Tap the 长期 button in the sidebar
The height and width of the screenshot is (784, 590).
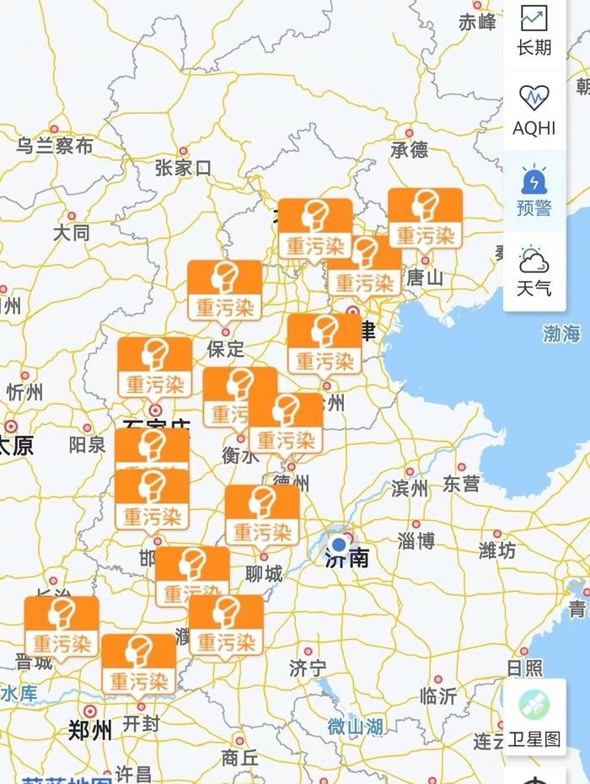point(534,30)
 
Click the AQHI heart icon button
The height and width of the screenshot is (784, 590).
point(534,110)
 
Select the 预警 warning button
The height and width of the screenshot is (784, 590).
point(534,191)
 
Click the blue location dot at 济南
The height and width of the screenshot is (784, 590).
point(340,544)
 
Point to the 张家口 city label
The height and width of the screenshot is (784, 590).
point(183,168)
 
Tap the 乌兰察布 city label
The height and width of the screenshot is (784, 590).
point(56,146)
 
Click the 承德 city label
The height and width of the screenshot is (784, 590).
point(410,150)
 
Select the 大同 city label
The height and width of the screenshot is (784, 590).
point(71,232)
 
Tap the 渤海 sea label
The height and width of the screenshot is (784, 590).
point(561,334)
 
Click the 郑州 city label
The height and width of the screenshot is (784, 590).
point(90,730)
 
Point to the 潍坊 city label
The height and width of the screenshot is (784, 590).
point(496,550)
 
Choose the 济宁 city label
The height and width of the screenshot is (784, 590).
point(307,669)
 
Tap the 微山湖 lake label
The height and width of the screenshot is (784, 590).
point(355,726)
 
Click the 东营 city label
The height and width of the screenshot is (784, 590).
point(461,484)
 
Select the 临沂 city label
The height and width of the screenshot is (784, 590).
point(437,695)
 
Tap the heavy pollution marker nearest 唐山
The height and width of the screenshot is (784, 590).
point(425,219)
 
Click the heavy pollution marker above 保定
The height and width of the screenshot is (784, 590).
point(224,292)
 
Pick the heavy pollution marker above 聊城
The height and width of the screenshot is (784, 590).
point(262,516)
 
